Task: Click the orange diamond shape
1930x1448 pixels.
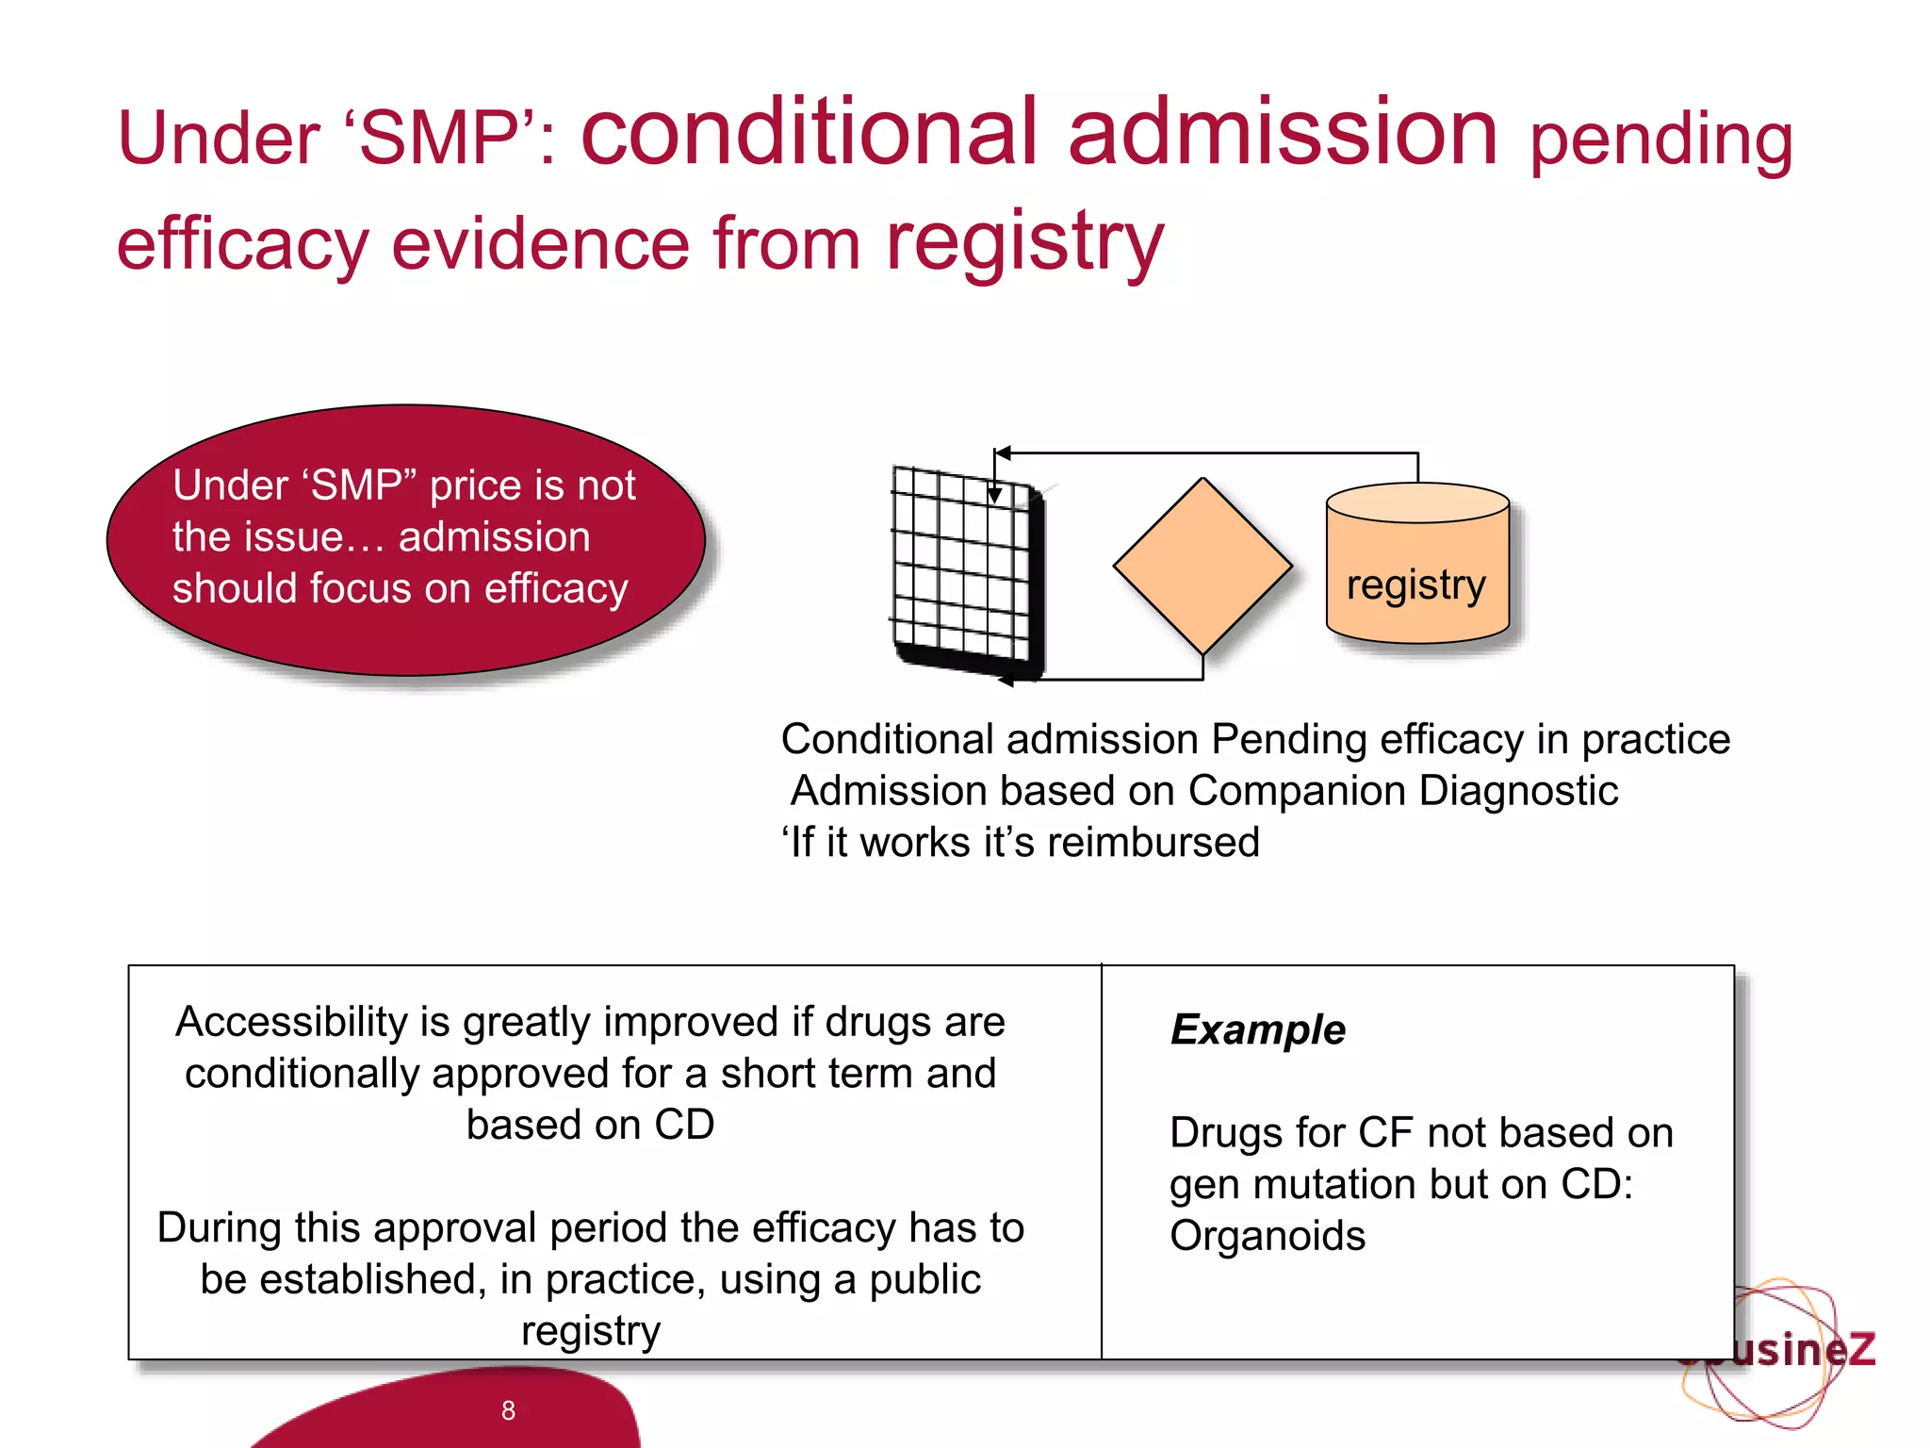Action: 1202,566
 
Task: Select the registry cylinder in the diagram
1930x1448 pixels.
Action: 1417,566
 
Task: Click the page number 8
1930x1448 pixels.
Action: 508,1410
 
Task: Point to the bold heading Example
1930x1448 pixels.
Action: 1257,1029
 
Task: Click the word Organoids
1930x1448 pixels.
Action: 1267,1236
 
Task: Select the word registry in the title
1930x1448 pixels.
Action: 1025,241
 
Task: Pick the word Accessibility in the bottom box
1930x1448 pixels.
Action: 293,1022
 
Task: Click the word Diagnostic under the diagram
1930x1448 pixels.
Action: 1518,791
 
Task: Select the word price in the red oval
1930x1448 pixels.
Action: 475,485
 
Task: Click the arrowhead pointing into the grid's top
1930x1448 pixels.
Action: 994,495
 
